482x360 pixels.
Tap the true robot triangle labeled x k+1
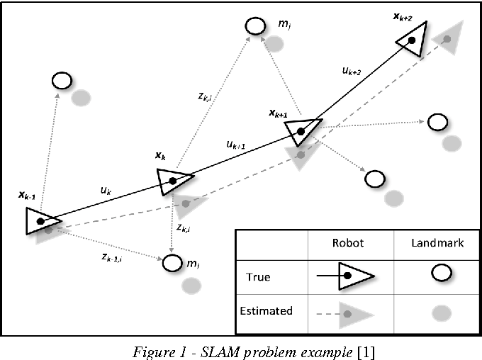pyautogui.click(x=300, y=131)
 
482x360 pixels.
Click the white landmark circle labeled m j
pyautogui.click(x=255, y=26)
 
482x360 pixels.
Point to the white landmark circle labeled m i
pyautogui.click(x=172, y=263)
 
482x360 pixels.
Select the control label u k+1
pyautogui.click(x=236, y=145)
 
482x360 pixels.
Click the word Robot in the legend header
pyautogui.click(x=349, y=242)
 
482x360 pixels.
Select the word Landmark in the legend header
pyautogui.click(x=437, y=242)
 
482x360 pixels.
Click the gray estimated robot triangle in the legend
pyautogui.click(x=351, y=312)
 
